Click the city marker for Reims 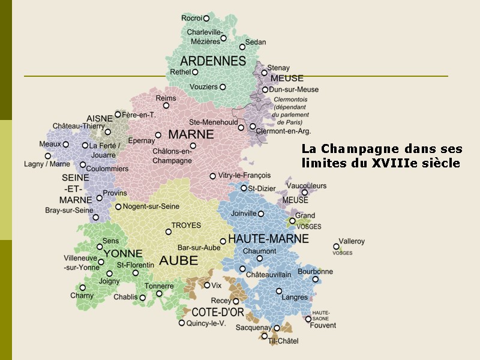[166, 106]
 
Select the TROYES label [186, 226]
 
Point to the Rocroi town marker [206, 19]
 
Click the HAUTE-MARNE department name [268, 239]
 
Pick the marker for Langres [279, 291]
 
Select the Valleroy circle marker [337, 246]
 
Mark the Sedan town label [256, 43]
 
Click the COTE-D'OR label [217, 312]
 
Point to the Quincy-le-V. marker [182, 323]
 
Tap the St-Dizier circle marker [244, 188]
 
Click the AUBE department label [178, 260]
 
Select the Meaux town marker [66, 144]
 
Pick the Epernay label [142, 140]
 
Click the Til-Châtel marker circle [264, 336]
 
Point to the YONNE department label [123, 254]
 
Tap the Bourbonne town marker [316, 279]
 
